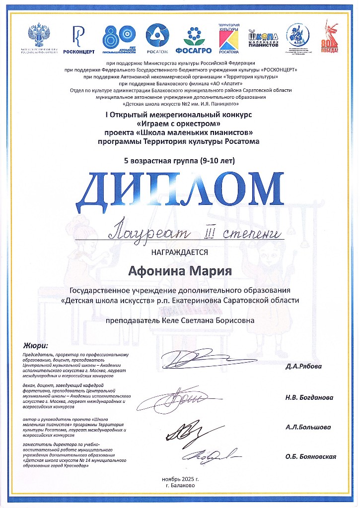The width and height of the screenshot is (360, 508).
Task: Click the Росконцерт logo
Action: [76, 39]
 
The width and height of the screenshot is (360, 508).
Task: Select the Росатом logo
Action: [157, 38]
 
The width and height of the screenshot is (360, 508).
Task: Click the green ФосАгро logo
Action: [197, 39]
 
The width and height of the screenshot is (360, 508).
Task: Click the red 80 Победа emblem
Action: [332, 37]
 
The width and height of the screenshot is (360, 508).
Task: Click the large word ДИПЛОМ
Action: [179, 190]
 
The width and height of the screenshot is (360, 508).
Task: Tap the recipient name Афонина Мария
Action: [179, 271]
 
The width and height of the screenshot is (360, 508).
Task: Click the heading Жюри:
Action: [36, 345]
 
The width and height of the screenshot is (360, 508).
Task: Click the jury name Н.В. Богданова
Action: [309, 397]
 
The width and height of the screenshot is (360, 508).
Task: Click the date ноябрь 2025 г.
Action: [180, 479]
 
